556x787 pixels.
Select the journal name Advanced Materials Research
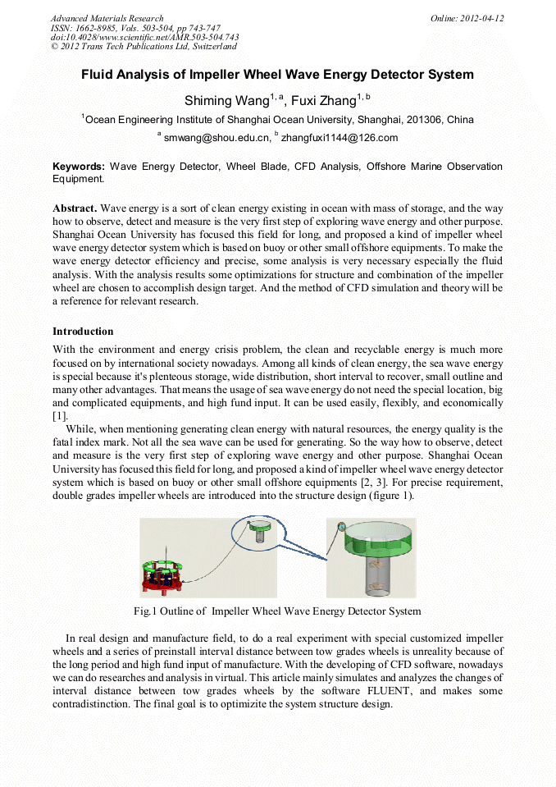pos(107,18)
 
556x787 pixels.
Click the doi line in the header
pos(144,38)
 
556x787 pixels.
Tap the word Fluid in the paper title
pos(99,75)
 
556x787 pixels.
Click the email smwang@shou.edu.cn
pos(217,138)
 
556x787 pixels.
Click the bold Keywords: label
pos(79,167)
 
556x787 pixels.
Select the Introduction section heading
pos(83,332)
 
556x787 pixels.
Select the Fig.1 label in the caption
pos(148,611)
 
